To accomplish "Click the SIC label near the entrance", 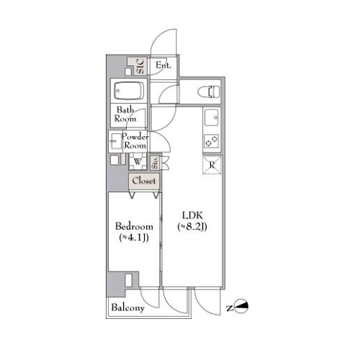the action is [x=140, y=66].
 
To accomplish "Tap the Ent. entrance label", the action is [x=163, y=65].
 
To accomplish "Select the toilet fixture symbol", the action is [x=209, y=91].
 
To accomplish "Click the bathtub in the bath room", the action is [x=129, y=91].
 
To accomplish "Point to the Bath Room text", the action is [x=125, y=114].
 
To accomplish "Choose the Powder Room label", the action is [x=135, y=141].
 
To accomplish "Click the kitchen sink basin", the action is [x=211, y=117].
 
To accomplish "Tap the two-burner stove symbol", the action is [x=212, y=141].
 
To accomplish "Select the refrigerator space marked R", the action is [x=212, y=165].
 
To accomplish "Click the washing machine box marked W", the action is [x=138, y=161].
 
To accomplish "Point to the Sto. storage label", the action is [x=156, y=162].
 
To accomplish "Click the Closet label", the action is [x=144, y=181].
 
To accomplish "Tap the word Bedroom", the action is [x=134, y=226].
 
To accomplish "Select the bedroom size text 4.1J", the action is [x=134, y=238].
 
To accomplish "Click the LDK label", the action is [x=192, y=215].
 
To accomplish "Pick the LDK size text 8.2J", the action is [x=192, y=227].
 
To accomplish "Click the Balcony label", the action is [x=127, y=307].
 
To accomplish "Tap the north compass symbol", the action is [x=241, y=307].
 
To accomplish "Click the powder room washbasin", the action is [x=116, y=141].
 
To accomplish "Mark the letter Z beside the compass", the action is [x=230, y=307].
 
